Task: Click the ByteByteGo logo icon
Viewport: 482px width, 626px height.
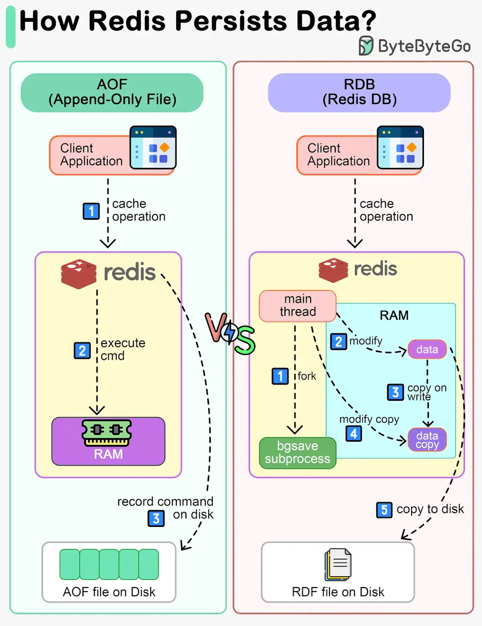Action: click(366, 46)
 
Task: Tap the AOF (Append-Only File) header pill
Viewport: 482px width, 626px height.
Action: click(112, 93)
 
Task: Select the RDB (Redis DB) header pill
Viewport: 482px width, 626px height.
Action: click(359, 93)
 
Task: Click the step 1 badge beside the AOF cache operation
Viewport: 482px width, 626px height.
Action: click(91, 211)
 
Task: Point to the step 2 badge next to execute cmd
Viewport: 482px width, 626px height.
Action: click(82, 351)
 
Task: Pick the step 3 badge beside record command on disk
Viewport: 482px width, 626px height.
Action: click(156, 518)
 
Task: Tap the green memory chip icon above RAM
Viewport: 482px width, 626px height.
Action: click(107, 432)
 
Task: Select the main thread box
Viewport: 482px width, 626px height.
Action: click(297, 306)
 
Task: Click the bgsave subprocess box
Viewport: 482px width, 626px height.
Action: click(297, 453)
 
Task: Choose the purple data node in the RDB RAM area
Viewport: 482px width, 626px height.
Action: click(427, 349)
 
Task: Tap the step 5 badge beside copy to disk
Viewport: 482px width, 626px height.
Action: click(384, 510)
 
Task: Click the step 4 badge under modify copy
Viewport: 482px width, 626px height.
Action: click(354, 434)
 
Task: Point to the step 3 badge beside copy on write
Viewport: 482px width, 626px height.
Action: click(395, 392)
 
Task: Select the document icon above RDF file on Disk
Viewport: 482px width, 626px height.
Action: click(338, 564)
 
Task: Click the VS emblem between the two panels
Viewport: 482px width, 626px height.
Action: click(230, 333)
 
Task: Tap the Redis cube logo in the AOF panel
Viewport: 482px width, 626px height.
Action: click(79, 274)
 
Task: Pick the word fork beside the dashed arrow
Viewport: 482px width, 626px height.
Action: click(307, 376)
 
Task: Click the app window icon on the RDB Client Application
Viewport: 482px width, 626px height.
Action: click(400, 147)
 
